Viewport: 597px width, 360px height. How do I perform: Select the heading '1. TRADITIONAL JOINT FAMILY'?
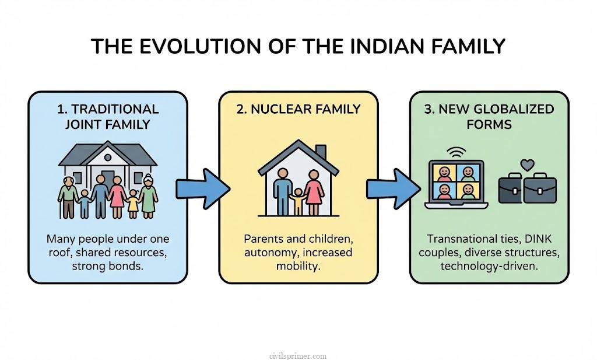tap(108, 116)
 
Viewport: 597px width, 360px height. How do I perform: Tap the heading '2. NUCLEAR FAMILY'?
tap(297, 109)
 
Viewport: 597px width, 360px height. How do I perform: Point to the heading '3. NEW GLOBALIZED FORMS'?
tap(489, 116)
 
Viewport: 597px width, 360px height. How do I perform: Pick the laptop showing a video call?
tap(455, 183)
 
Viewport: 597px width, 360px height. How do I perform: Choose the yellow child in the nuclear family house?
tap(298, 202)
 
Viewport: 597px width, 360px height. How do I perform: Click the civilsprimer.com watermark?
tap(298, 355)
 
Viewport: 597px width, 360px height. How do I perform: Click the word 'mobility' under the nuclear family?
tap(298, 267)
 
